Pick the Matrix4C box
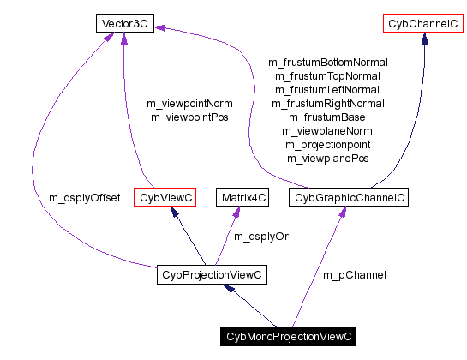point(243,198)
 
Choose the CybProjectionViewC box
point(212,275)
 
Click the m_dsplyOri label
point(263,236)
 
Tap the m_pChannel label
point(354,275)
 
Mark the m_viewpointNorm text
point(191,103)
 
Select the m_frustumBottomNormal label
point(328,63)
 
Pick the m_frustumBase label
point(328,117)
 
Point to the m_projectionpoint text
point(328,145)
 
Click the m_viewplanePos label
point(328,159)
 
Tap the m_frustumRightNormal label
point(328,104)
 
